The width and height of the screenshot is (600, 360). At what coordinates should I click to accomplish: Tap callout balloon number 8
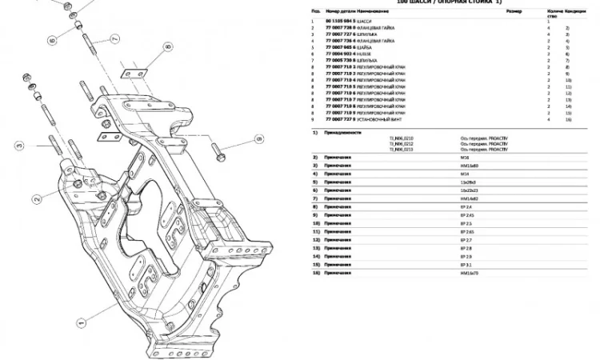coord(168,47)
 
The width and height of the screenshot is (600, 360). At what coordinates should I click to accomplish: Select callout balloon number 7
coord(116,39)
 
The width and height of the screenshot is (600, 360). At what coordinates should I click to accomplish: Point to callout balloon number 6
coord(51,39)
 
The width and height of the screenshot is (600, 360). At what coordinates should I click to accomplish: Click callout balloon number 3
coord(21,146)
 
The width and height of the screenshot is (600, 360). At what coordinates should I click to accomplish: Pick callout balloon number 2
coord(38,198)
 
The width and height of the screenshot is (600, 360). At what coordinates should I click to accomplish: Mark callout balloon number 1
coord(81,324)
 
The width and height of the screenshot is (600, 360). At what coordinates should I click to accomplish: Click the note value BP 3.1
coord(466,264)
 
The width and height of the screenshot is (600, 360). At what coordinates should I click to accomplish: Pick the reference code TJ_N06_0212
coord(402,144)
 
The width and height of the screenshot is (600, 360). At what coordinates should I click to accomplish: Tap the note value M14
coord(464,174)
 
